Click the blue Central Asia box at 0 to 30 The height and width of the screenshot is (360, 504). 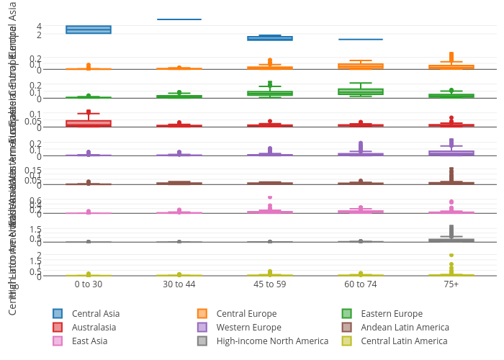pos(89,30)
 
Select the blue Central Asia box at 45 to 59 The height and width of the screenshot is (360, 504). pos(270,38)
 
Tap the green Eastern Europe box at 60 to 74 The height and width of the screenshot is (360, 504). pos(361,91)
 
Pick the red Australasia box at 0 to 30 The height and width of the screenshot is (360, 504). pos(89,123)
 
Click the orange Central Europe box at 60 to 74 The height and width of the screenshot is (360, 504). pos(361,66)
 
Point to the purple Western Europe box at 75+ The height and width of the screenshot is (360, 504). pos(451,153)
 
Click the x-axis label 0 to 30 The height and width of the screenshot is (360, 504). pos(89,284)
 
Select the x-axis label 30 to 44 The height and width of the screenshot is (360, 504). pos(179,284)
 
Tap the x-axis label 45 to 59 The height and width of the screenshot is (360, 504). pos(270,284)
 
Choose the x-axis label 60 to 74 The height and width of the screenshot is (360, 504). pos(361,284)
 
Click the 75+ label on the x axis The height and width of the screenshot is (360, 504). pos(451,284)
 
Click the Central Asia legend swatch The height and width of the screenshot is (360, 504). pos(58,313)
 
